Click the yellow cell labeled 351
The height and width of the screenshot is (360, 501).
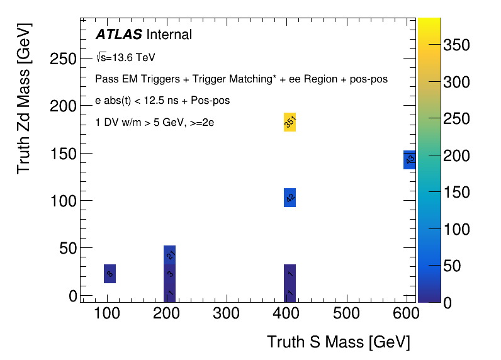(x=290, y=122)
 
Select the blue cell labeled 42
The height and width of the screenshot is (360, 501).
(x=290, y=198)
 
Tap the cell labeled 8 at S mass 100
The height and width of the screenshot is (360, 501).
(x=110, y=274)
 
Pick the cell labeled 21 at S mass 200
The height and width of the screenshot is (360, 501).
(x=169, y=255)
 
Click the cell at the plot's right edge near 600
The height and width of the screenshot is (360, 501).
(x=410, y=160)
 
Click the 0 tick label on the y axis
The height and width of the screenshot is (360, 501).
(x=72, y=296)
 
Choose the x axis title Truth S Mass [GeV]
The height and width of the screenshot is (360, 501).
(x=339, y=342)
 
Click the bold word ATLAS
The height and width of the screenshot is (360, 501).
(x=118, y=35)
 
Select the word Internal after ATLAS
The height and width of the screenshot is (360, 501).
(x=169, y=35)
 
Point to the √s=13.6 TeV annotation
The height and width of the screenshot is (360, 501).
(x=125, y=57)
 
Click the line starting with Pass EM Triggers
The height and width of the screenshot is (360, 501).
(x=241, y=79)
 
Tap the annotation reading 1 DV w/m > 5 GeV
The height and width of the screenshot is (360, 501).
(x=154, y=123)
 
